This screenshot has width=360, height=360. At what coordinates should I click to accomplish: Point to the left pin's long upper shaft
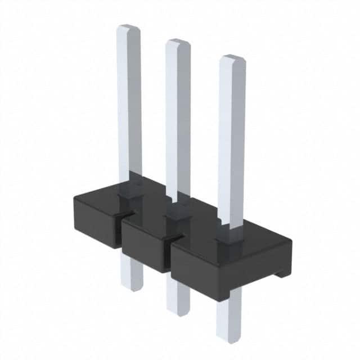(129, 101)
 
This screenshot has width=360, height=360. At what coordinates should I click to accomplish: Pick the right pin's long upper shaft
(231, 141)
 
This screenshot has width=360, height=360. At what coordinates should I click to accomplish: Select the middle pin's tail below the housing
(177, 292)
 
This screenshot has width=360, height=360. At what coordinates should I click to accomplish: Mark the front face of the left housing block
(96, 222)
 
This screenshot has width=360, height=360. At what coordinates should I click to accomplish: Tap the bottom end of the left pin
(131, 288)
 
